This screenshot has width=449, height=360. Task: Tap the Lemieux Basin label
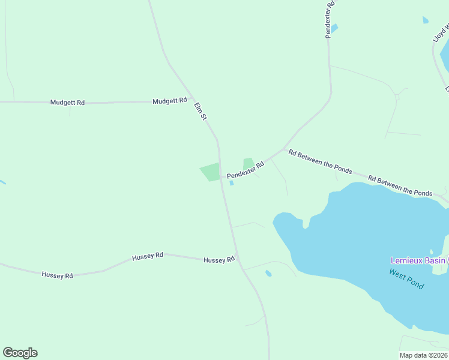418,260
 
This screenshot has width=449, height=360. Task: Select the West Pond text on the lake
406,279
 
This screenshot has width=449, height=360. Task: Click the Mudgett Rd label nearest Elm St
170,101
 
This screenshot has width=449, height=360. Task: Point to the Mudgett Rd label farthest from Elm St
68,103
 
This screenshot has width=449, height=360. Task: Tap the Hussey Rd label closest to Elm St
218,260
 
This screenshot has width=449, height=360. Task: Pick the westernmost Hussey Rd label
57,275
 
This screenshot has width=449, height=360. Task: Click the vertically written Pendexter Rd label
330,19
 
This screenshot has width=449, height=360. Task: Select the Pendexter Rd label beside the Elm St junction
246,169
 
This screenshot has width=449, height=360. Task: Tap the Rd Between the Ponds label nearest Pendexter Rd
320,161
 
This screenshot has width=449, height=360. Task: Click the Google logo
20,353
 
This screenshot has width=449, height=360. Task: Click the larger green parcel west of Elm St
211,172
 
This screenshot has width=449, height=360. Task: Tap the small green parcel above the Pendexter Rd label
248,163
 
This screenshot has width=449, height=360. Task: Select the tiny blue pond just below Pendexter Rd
232,183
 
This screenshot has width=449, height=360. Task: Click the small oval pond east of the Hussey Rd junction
268,274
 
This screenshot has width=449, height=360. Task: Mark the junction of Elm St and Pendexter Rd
221,177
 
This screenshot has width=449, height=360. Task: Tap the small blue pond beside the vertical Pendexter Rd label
334,28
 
